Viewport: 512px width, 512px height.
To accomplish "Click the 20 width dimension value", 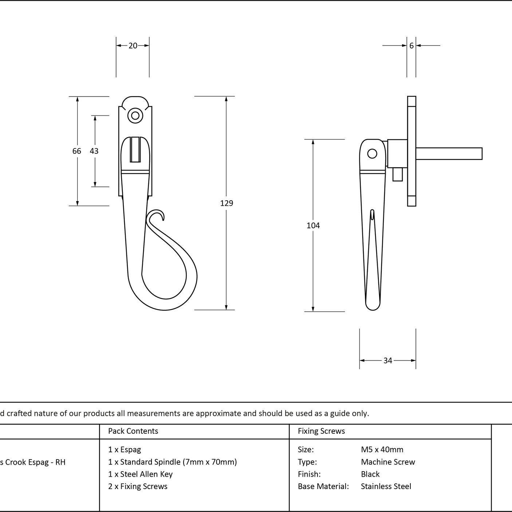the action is pos(133,46).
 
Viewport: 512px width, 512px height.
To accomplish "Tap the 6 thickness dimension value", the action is pos(411,46).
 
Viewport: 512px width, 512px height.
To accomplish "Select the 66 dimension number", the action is pos(77,151).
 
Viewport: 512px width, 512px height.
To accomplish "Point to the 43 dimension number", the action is pos(94,151).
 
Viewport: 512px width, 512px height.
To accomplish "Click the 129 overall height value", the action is pos(227,203).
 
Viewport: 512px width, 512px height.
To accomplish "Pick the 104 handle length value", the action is pos(313,225).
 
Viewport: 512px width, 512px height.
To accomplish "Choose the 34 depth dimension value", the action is pos(388,360).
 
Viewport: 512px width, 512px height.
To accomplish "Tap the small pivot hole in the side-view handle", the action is pos(372,154).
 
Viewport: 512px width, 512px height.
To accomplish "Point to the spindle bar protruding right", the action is pos(449,154).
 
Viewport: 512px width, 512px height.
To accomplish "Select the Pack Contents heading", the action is pos(133,431).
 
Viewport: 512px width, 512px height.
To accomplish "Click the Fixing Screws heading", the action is pos(321,431).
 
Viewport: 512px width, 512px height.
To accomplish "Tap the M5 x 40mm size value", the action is pos(382,450).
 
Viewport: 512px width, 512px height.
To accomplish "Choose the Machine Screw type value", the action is pos(388,462).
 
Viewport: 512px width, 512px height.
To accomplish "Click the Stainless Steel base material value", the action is pos(386,486).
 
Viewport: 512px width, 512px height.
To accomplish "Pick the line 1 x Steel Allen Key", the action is pos(140,474).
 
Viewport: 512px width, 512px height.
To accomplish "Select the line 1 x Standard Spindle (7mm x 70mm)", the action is pos(173,462).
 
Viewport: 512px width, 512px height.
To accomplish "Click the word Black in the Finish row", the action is pos(370,474).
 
